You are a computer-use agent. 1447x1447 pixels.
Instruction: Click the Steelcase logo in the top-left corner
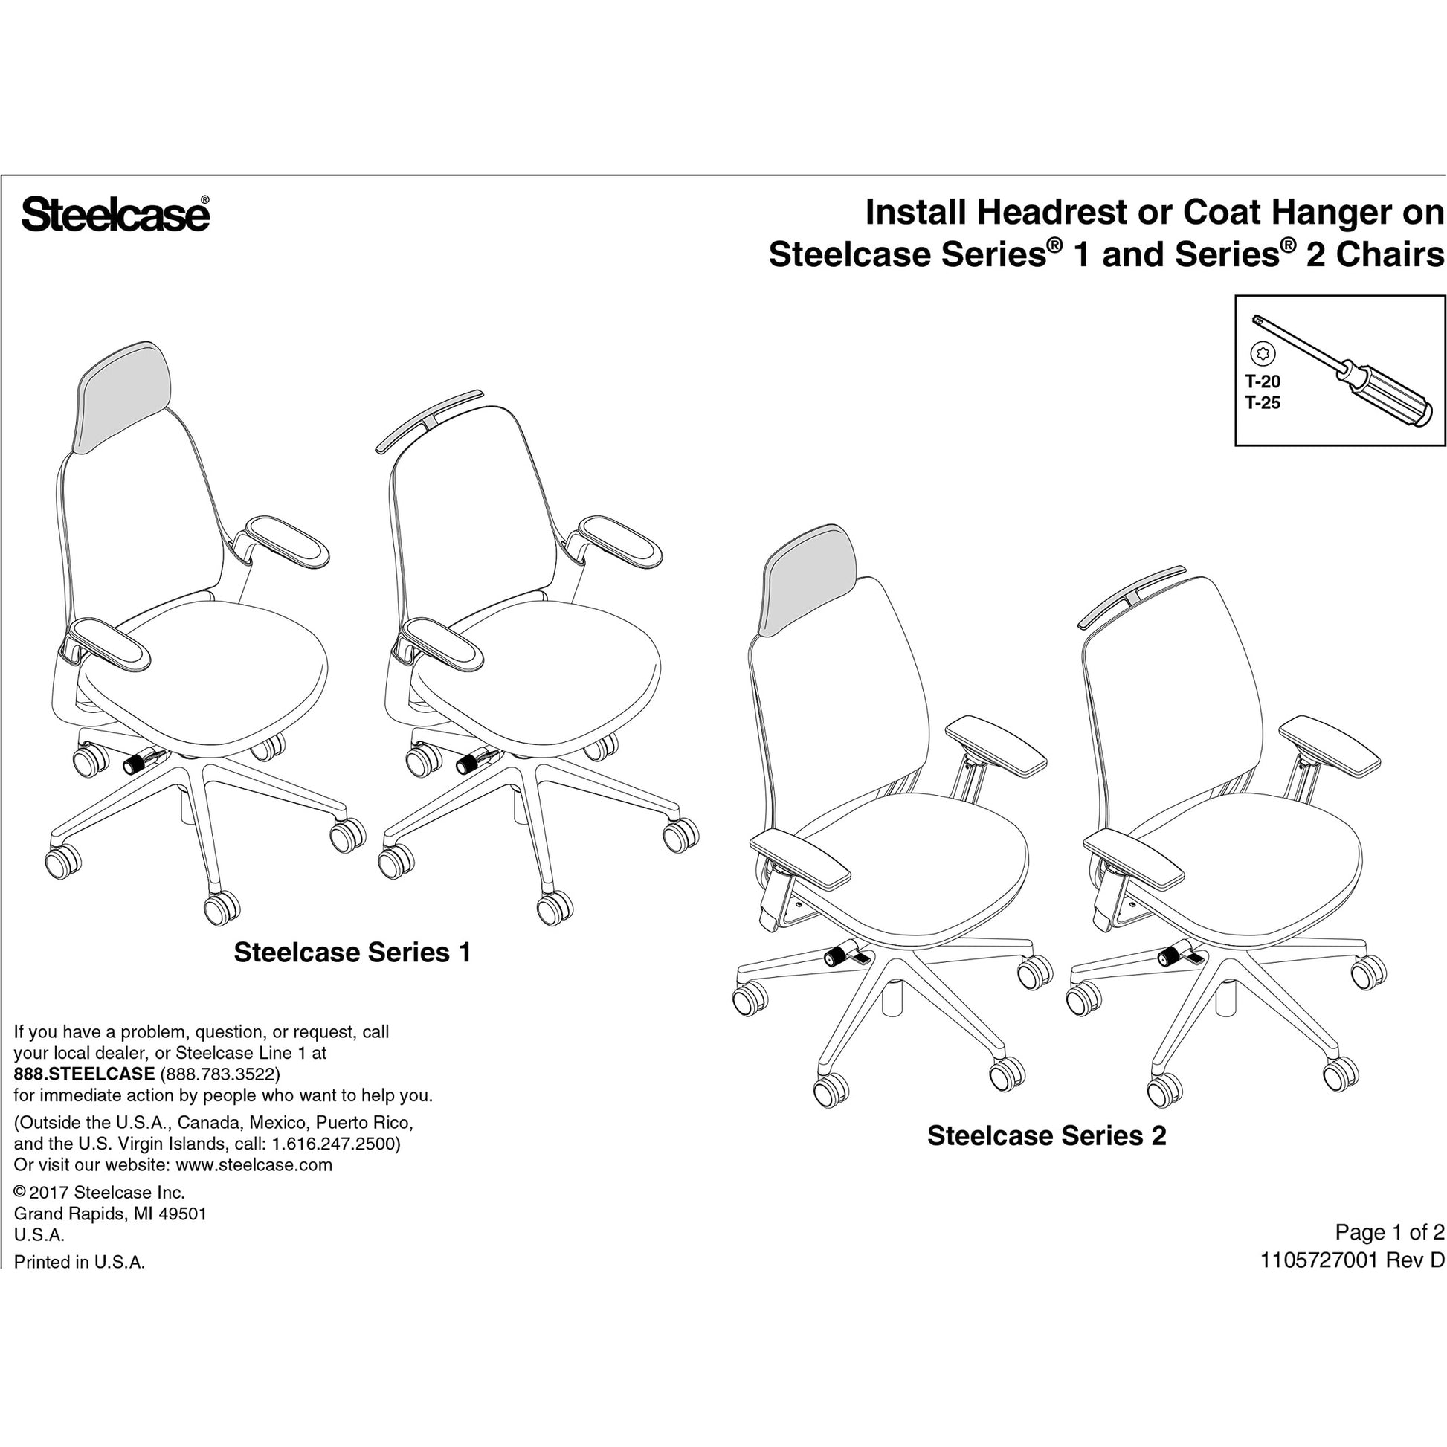click(115, 214)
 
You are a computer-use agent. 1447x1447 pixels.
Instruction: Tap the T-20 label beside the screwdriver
click(1263, 381)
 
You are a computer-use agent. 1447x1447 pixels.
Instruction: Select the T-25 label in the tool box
click(1263, 403)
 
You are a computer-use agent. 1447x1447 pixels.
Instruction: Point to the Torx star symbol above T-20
click(1263, 352)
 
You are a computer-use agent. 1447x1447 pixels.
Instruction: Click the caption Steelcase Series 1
click(352, 953)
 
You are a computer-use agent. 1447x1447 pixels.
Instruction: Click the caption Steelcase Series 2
click(1047, 1135)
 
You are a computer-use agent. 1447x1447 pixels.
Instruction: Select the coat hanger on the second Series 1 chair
click(428, 421)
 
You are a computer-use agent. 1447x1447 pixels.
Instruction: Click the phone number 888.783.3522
click(220, 1074)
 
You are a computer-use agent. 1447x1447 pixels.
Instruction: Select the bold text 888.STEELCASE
click(85, 1074)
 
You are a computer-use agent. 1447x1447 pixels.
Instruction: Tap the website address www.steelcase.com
click(254, 1165)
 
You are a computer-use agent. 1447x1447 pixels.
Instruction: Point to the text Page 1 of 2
click(1390, 1233)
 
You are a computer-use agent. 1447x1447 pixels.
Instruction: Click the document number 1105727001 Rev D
click(1353, 1260)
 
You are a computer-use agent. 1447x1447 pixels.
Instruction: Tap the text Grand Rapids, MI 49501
click(110, 1214)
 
